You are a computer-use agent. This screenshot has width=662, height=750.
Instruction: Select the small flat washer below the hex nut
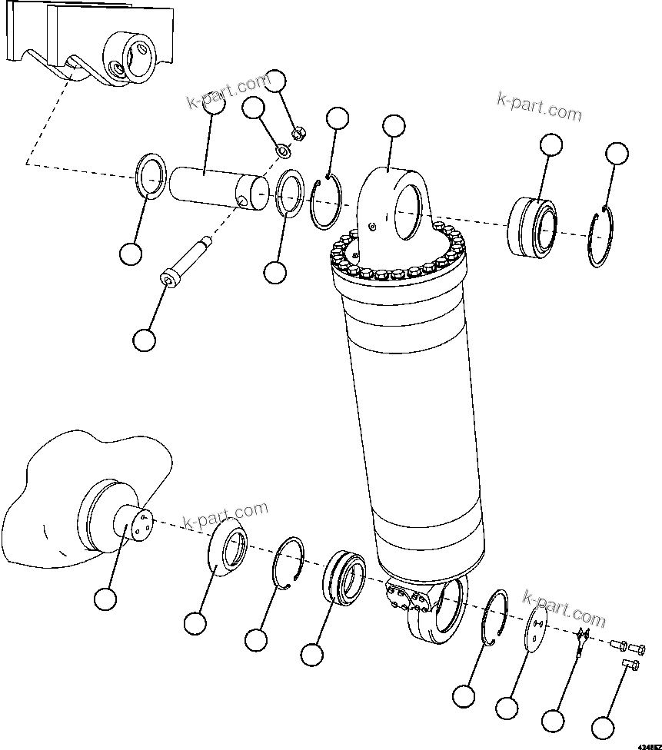click(282, 147)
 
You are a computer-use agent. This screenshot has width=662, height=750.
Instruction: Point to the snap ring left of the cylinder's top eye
click(326, 202)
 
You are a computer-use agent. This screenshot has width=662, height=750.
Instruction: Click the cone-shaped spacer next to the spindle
click(227, 549)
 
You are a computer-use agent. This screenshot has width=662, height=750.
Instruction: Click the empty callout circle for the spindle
click(105, 599)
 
